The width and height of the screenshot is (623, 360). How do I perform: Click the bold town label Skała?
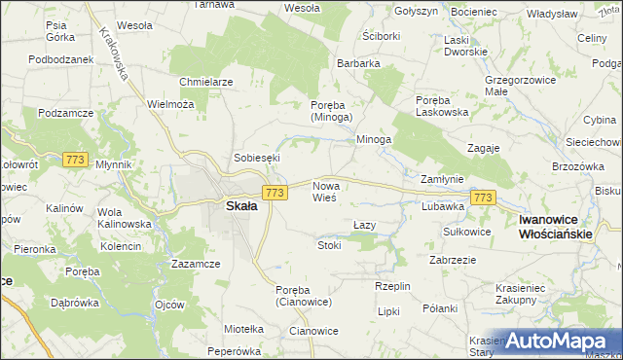[x=241, y=206]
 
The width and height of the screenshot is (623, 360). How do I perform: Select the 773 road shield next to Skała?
[x=275, y=194]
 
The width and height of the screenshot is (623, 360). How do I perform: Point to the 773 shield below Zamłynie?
[x=483, y=198]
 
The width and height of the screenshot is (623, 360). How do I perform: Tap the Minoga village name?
[x=373, y=139]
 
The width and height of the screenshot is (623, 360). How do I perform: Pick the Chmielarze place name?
[x=206, y=82]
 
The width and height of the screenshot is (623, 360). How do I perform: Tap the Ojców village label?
[x=169, y=305]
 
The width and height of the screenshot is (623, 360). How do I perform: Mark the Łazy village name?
[x=363, y=225]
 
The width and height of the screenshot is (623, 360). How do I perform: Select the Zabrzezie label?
[x=452, y=260]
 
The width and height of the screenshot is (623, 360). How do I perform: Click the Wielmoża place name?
[x=169, y=104]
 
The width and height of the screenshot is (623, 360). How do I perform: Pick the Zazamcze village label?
[x=196, y=264]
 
